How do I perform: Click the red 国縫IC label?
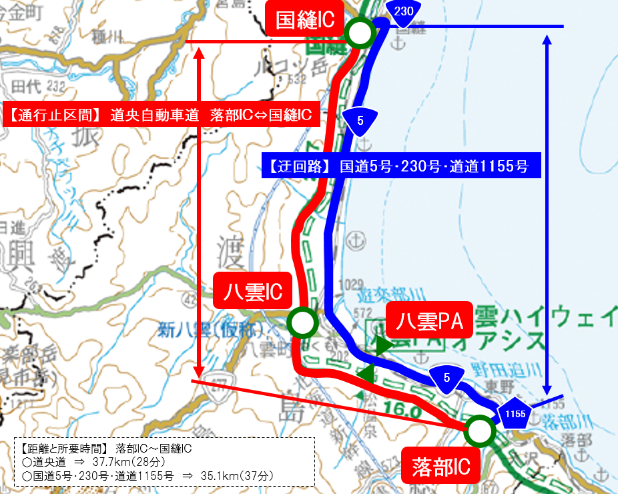305,19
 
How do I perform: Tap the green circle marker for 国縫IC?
360,31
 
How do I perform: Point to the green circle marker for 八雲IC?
302,323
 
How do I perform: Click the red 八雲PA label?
430,323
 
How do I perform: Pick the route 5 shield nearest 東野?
446,379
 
